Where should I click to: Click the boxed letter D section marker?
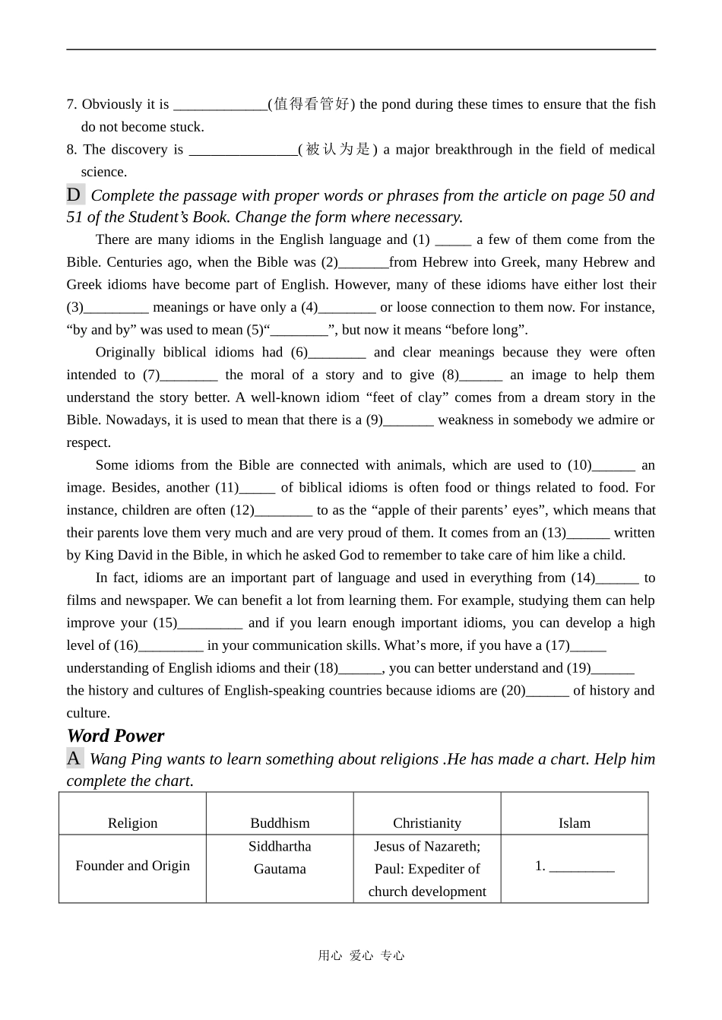point(74,195)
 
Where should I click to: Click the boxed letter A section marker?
point(74,758)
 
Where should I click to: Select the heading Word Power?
point(116,736)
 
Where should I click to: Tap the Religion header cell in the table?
point(132,822)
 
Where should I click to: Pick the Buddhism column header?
point(280,822)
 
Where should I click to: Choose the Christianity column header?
point(426,822)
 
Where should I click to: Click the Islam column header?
point(574,822)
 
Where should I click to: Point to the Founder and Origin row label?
point(132,866)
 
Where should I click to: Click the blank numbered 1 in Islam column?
point(581,866)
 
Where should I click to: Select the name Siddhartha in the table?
point(280,846)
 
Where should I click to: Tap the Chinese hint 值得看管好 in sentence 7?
point(312,104)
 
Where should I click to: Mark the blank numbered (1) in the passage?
point(453,240)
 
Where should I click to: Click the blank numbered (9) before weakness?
point(408,420)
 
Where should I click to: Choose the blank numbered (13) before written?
point(588,534)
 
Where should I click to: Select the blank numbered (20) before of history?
point(547,691)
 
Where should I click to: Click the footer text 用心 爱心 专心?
point(361,955)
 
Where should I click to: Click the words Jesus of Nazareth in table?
point(426,846)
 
